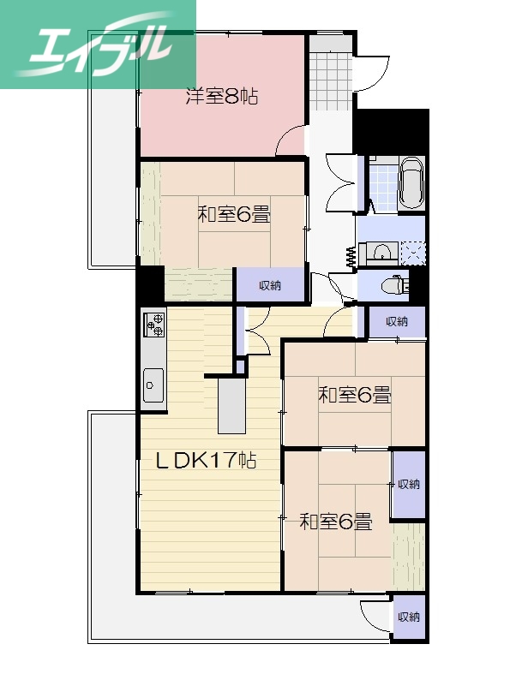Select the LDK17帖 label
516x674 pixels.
point(205,460)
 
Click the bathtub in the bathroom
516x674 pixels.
point(411,183)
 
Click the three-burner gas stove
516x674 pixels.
point(154,324)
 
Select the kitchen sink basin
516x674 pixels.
point(154,383)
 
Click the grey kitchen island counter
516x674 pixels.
point(231,406)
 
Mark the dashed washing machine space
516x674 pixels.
point(412,252)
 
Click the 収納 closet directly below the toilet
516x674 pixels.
point(396,322)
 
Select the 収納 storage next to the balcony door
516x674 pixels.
point(409,617)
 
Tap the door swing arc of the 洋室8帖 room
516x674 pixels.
point(293,140)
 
